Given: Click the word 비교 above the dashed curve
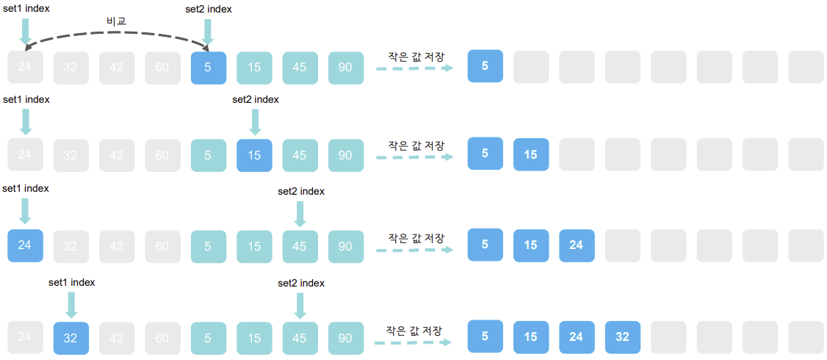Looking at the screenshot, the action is pyautogui.click(x=116, y=21).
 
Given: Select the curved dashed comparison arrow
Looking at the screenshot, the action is pyautogui.click(x=116, y=34).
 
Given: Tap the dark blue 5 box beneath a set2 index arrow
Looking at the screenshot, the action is pyautogui.click(x=208, y=68).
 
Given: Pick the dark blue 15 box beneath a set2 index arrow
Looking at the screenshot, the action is pyautogui.click(x=254, y=156).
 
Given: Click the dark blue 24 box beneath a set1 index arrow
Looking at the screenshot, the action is pyautogui.click(x=25, y=246).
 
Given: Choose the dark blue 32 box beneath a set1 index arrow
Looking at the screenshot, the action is pyautogui.click(x=71, y=339).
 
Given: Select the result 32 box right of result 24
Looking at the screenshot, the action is pyautogui.click(x=622, y=337).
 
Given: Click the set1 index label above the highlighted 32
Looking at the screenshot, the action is pyautogui.click(x=71, y=282).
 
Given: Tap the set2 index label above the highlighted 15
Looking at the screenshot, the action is pyautogui.click(x=255, y=100).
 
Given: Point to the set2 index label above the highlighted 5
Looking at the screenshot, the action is pyautogui.click(x=209, y=9).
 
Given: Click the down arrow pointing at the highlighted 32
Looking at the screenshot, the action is pyautogui.click(x=71, y=303).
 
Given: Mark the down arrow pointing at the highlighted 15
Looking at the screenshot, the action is pyautogui.click(x=255, y=121).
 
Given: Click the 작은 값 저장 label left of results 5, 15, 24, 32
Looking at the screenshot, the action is pyautogui.click(x=414, y=331).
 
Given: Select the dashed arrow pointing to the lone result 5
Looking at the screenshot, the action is pyautogui.click(x=414, y=68).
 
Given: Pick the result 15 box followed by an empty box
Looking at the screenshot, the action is pyautogui.click(x=531, y=154).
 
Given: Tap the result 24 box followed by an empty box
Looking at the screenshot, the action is pyautogui.click(x=577, y=245).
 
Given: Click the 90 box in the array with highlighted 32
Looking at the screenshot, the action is pyautogui.click(x=345, y=339).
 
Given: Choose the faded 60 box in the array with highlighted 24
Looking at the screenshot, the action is pyautogui.click(x=162, y=246).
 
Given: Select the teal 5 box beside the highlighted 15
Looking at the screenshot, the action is pyautogui.click(x=208, y=156).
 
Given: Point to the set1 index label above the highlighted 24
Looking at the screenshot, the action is pyautogui.click(x=26, y=189).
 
